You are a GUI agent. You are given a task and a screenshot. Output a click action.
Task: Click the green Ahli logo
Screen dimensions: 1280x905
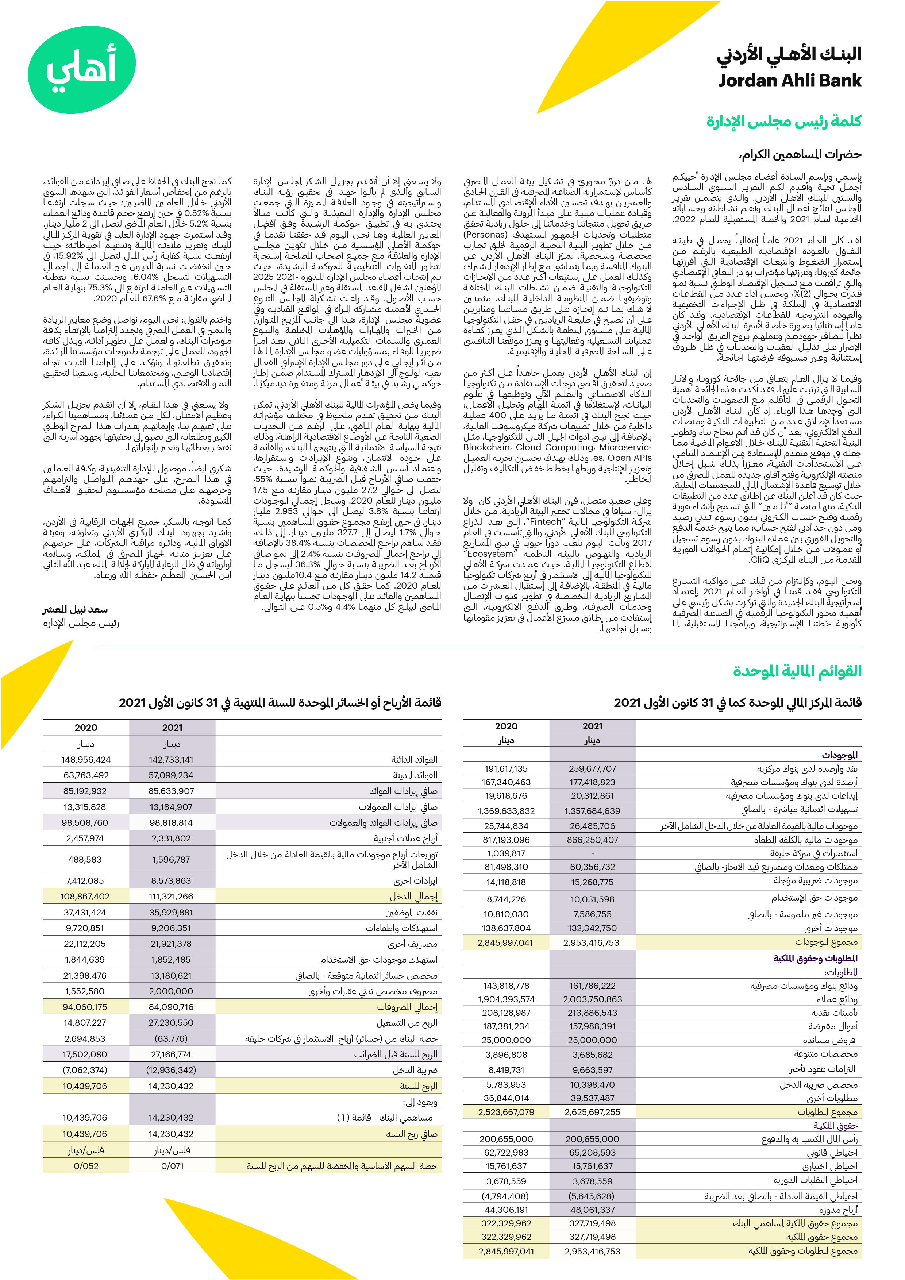pyautogui.click(x=81, y=69)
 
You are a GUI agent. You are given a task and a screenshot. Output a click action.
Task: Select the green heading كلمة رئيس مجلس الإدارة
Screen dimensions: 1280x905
pyautogui.click(x=783, y=121)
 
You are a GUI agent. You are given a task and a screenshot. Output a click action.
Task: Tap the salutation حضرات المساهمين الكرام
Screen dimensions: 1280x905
pyautogui.click(x=800, y=154)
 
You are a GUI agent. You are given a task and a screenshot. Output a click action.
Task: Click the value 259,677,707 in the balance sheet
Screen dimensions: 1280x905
pyautogui.click(x=592, y=769)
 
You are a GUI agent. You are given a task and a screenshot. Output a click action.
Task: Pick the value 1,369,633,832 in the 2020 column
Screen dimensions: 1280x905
pyautogui.click(x=506, y=811)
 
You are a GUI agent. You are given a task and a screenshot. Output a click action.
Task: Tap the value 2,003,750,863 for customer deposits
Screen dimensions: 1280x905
pyautogui.click(x=592, y=999)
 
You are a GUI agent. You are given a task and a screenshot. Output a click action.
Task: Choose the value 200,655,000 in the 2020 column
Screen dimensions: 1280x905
pyautogui.click(x=506, y=1139)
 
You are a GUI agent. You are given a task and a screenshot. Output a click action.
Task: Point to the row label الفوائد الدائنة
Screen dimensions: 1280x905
pyautogui.click(x=414, y=759)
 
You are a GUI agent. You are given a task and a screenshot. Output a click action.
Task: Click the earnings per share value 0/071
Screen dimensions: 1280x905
pyautogui.click(x=172, y=1166)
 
